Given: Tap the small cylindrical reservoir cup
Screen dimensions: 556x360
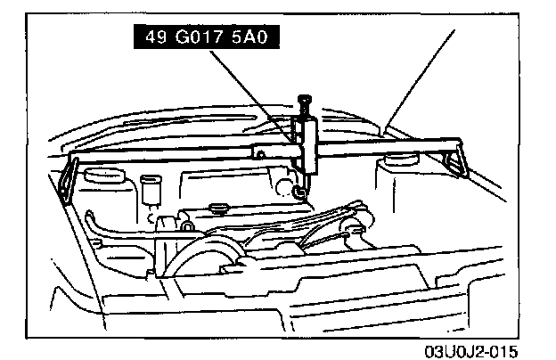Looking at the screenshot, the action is click(x=149, y=191).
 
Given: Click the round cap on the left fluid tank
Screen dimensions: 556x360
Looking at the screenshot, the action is click(x=96, y=176).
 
